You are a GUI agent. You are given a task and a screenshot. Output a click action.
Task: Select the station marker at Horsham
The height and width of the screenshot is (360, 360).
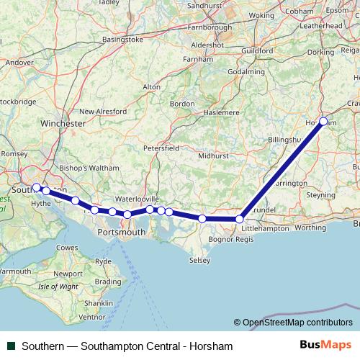click(324, 121)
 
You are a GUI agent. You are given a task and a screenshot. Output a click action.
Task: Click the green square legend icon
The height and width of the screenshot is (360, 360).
click(11, 346)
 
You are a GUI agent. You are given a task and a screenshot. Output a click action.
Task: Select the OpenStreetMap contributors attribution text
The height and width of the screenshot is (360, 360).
click(297, 323)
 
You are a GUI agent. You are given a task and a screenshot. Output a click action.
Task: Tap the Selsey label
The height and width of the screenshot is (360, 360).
click(199, 259)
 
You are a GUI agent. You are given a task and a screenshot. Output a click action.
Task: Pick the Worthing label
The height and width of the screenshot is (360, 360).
click(310, 228)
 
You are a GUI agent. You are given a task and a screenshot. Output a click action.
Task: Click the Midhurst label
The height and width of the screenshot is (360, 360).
click(212, 155)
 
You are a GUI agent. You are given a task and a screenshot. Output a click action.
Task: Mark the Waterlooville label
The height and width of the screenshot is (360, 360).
click(137, 199)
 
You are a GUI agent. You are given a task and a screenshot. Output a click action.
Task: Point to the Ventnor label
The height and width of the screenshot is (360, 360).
click(91, 316)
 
